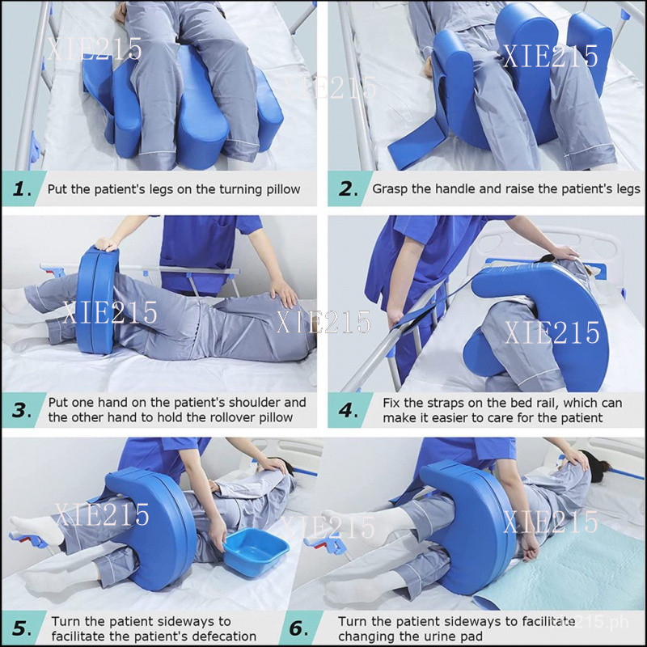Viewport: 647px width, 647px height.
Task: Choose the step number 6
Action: (298, 628)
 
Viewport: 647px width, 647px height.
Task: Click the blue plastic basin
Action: (256, 552)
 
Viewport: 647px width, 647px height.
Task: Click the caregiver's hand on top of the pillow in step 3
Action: (106, 244)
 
